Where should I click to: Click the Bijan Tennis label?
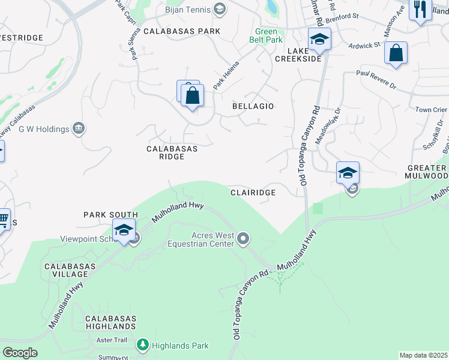(187, 9)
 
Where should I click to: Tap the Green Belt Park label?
(266, 36)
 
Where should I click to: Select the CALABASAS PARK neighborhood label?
(182, 31)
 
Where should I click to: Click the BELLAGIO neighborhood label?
(253, 106)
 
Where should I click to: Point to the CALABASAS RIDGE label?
(165, 152)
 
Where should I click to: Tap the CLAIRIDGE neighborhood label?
(253, 193)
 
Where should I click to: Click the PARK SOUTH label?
(110, 214)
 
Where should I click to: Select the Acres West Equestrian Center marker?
(243, 239)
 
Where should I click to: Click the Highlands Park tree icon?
(142, 345)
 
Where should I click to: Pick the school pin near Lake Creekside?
(319, 40)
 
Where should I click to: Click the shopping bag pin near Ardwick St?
(396, 53)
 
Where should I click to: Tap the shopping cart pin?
(3, 220)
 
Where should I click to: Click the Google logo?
(19, 353)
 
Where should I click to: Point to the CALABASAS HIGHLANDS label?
(110, 322)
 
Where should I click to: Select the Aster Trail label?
(112, 340)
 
